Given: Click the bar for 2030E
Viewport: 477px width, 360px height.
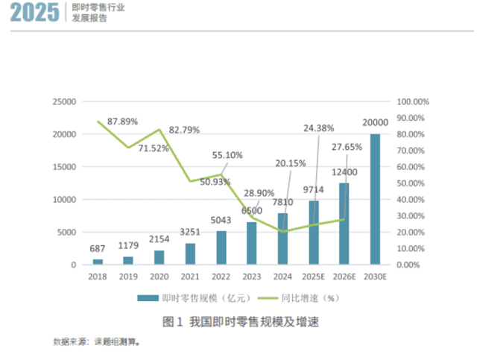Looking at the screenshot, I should [x=375, y=199].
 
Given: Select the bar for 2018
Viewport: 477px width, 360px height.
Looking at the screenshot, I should [x=98, y=261].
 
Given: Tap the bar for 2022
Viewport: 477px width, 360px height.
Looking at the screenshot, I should [x=221, y=247].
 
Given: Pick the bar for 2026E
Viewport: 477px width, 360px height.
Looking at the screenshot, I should [x=344, y=224].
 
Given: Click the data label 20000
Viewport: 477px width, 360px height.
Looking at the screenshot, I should [x=375, y=123].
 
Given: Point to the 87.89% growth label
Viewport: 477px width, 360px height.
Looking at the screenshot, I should [x=123, y=120].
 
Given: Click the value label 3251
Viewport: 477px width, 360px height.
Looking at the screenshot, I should [x=191, y=233].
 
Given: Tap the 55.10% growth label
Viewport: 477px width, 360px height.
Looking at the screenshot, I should [x=227, y=156].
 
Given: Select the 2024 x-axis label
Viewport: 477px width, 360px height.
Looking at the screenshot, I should [x=282, y=277].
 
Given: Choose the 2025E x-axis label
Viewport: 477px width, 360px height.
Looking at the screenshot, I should [x=313, y=277].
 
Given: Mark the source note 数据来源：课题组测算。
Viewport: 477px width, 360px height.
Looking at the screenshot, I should [x=96, y=342].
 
